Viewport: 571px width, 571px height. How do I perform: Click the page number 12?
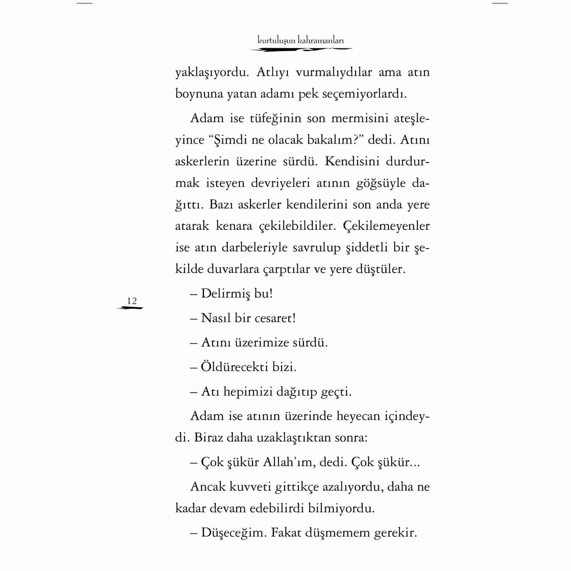pos(132,301)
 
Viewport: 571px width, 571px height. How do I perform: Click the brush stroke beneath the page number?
pos(130,308)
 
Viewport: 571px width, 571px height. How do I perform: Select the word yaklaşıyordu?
pos(212,73)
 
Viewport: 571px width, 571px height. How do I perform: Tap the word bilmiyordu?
pos(341,508)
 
